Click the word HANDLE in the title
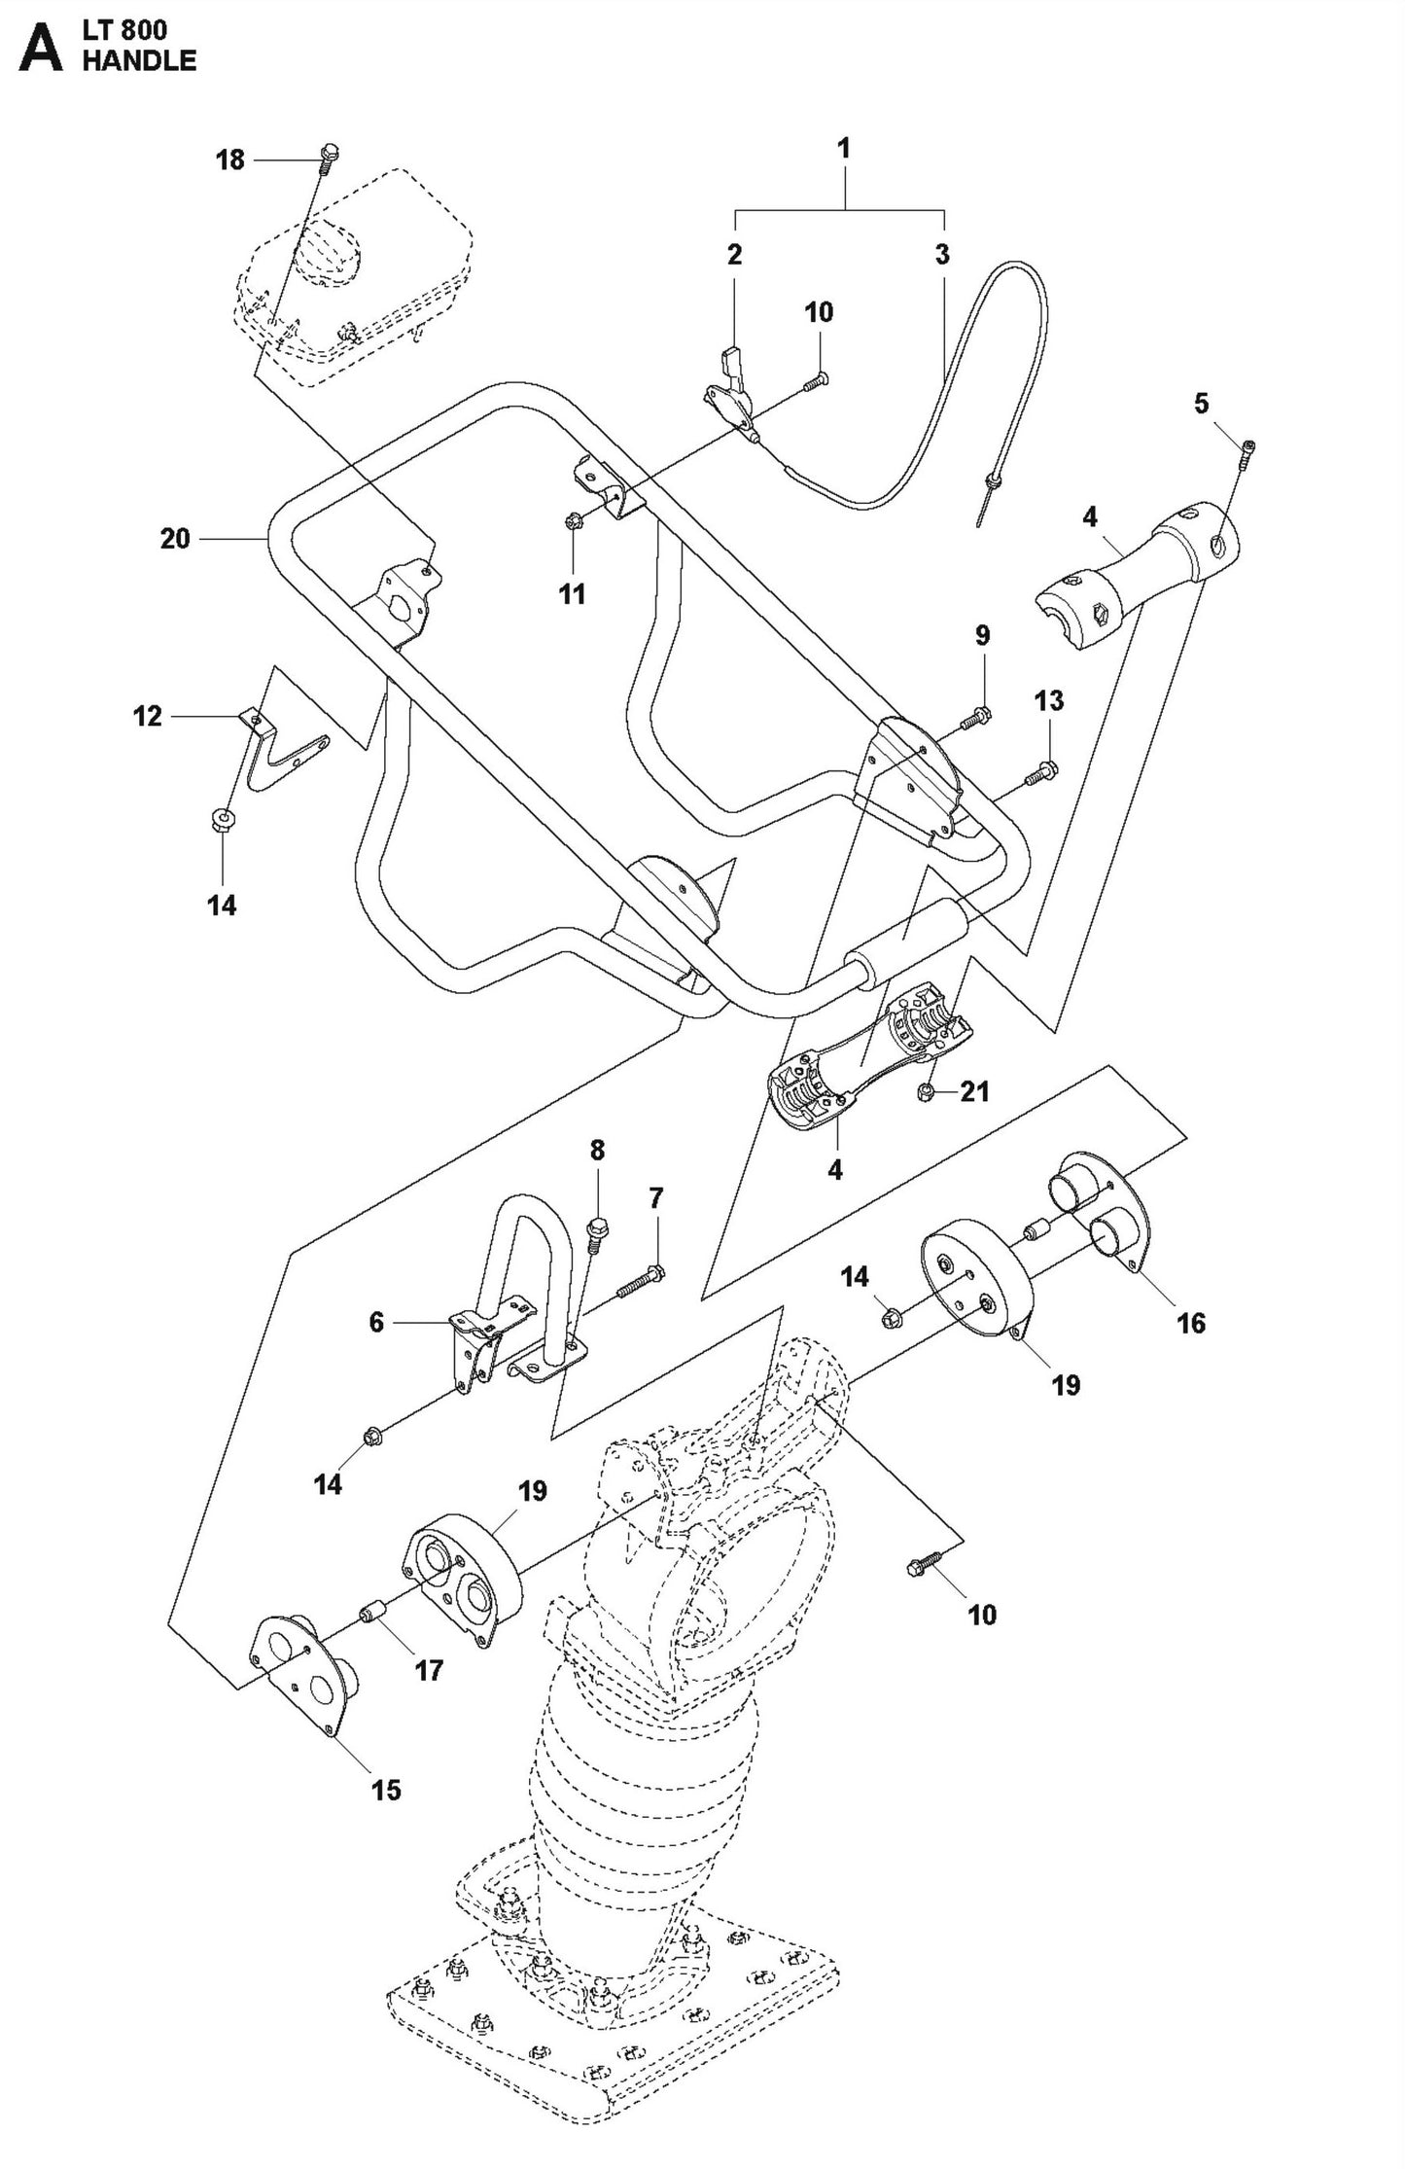click(x=139, y=60)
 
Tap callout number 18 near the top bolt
click(x=230, y=160)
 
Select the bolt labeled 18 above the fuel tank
click(x=329, y=154)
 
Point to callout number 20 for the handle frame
click(x=175, y=538)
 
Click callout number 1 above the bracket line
click(x=844, y=148)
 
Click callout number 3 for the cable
click(x=942, y=255)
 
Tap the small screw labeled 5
click(x=1247, y=448)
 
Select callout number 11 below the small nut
click(x=573, y=593)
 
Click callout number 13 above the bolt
click(x=1049, y=700)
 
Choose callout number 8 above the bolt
click(x=597, y=1151)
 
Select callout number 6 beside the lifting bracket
click(x=376, y=1322)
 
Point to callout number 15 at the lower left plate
click(x=386, y=1789)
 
